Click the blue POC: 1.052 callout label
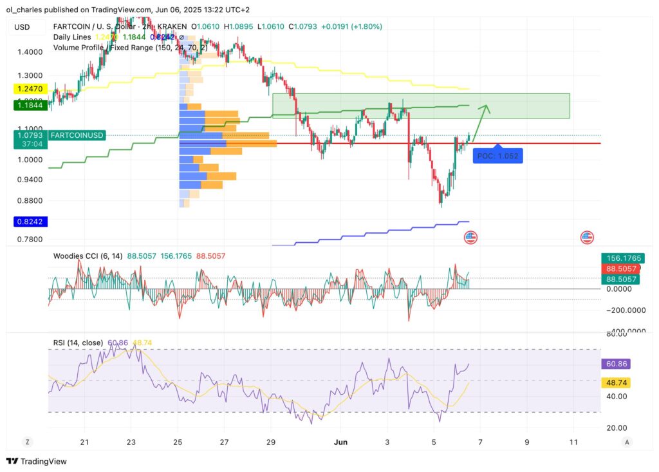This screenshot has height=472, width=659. [x=497, y=155]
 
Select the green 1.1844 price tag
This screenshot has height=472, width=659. [x=30, y=104]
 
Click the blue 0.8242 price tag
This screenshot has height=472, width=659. [x=30, y=222]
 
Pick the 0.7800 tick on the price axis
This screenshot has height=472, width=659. [x=30, y=240]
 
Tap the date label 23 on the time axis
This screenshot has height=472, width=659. [x=131, y=442]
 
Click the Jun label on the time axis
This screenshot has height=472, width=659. [x=342, y=442]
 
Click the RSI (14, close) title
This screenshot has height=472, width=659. [x=78, y=343]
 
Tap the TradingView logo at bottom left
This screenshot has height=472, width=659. [x=37, y=461]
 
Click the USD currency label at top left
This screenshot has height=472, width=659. [x=23, y=27]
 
